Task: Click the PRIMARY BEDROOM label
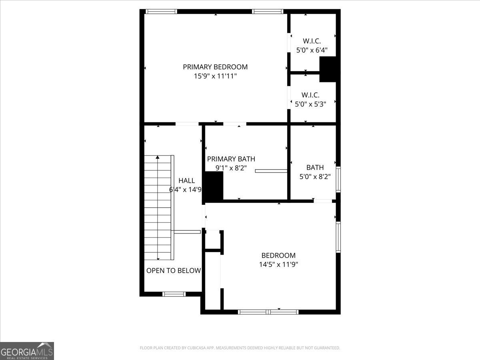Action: pos(215,67)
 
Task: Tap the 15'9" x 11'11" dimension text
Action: pos(215,76)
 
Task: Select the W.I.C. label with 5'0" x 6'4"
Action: pos(312,41)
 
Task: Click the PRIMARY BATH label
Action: pos(231,159)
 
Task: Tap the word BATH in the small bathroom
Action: pos(315,167)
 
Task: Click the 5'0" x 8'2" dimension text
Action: pos(315,176)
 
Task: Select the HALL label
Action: pos(186,180)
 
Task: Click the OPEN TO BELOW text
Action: pos(173,271)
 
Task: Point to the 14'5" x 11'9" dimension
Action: pos(278,264)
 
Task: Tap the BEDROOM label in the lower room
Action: pos(278,255)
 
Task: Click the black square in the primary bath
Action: pos(214,186)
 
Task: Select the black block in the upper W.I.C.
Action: pos(329,69)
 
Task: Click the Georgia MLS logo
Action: pos(27,351)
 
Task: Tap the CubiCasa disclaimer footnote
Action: pos(240,348)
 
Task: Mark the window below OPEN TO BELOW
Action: pos(174,294)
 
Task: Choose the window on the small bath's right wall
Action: pos(338,180)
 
